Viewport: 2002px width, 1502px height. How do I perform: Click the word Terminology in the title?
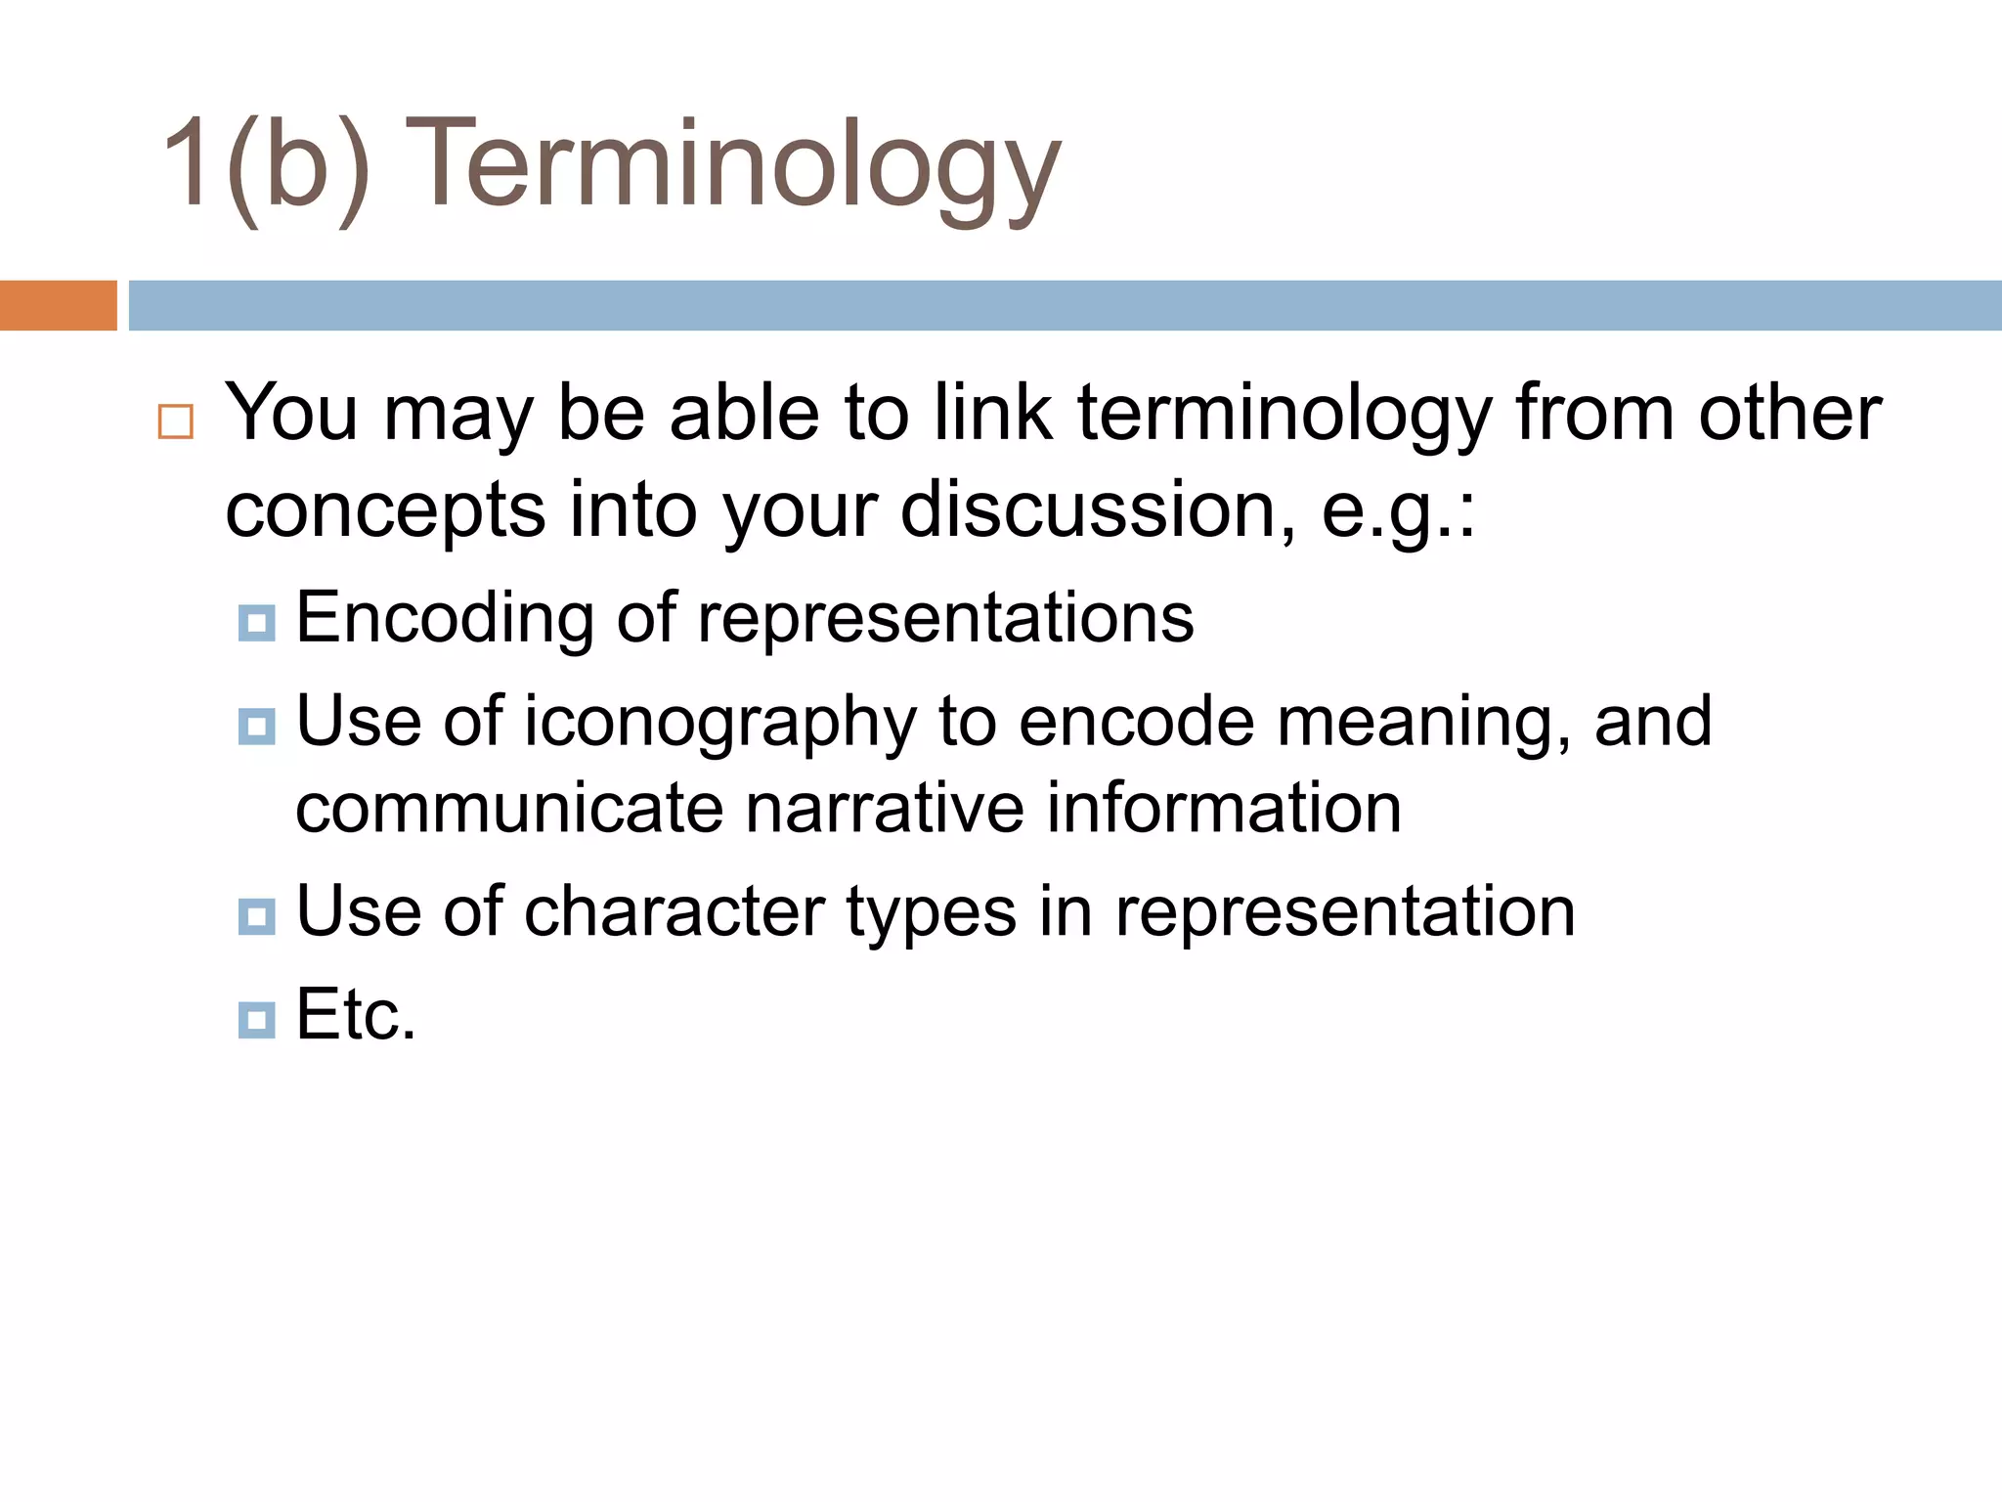coord(733,166)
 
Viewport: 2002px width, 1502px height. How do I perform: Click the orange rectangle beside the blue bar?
coord(58,305)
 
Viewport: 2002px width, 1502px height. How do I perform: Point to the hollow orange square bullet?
coord(176,421)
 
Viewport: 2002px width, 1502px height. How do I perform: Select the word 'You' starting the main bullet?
coord(291,414)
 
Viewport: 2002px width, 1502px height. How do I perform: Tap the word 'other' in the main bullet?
coord(1789,414)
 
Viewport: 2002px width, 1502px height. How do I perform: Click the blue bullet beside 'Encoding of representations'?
coord(256,623)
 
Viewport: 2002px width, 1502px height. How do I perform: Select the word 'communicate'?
coord(509,810)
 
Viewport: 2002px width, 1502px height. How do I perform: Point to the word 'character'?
coord(675,912)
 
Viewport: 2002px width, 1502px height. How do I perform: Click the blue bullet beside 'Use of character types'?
coord(256,916)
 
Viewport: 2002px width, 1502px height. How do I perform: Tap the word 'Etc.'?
coord(356,1015)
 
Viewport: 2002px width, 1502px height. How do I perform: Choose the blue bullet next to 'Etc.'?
coord(256,1020)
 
